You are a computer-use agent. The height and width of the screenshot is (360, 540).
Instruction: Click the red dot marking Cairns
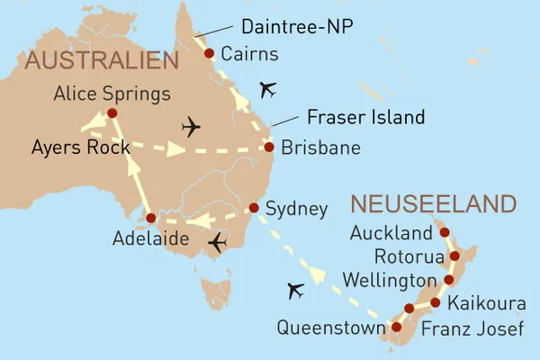(209, 54)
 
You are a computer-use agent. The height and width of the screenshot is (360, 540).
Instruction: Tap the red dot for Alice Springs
(112, 113)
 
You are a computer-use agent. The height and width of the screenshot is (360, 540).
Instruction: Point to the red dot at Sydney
(253, 209)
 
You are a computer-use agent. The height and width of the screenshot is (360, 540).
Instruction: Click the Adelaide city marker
(150, 218)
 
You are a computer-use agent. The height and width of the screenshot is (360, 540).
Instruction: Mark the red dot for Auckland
(444, 233)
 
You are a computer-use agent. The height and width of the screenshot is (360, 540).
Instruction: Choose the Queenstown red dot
(396, 328)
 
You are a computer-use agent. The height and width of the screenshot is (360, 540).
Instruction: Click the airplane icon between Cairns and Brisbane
(267, 88)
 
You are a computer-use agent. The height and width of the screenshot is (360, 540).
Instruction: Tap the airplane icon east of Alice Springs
(192, 126)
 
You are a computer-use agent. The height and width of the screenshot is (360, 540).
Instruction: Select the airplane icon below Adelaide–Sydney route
(217, 243)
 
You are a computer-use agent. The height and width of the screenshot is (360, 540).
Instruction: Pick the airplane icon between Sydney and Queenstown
(293, 291)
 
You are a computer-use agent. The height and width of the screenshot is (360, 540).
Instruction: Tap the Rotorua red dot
(454, 256)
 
